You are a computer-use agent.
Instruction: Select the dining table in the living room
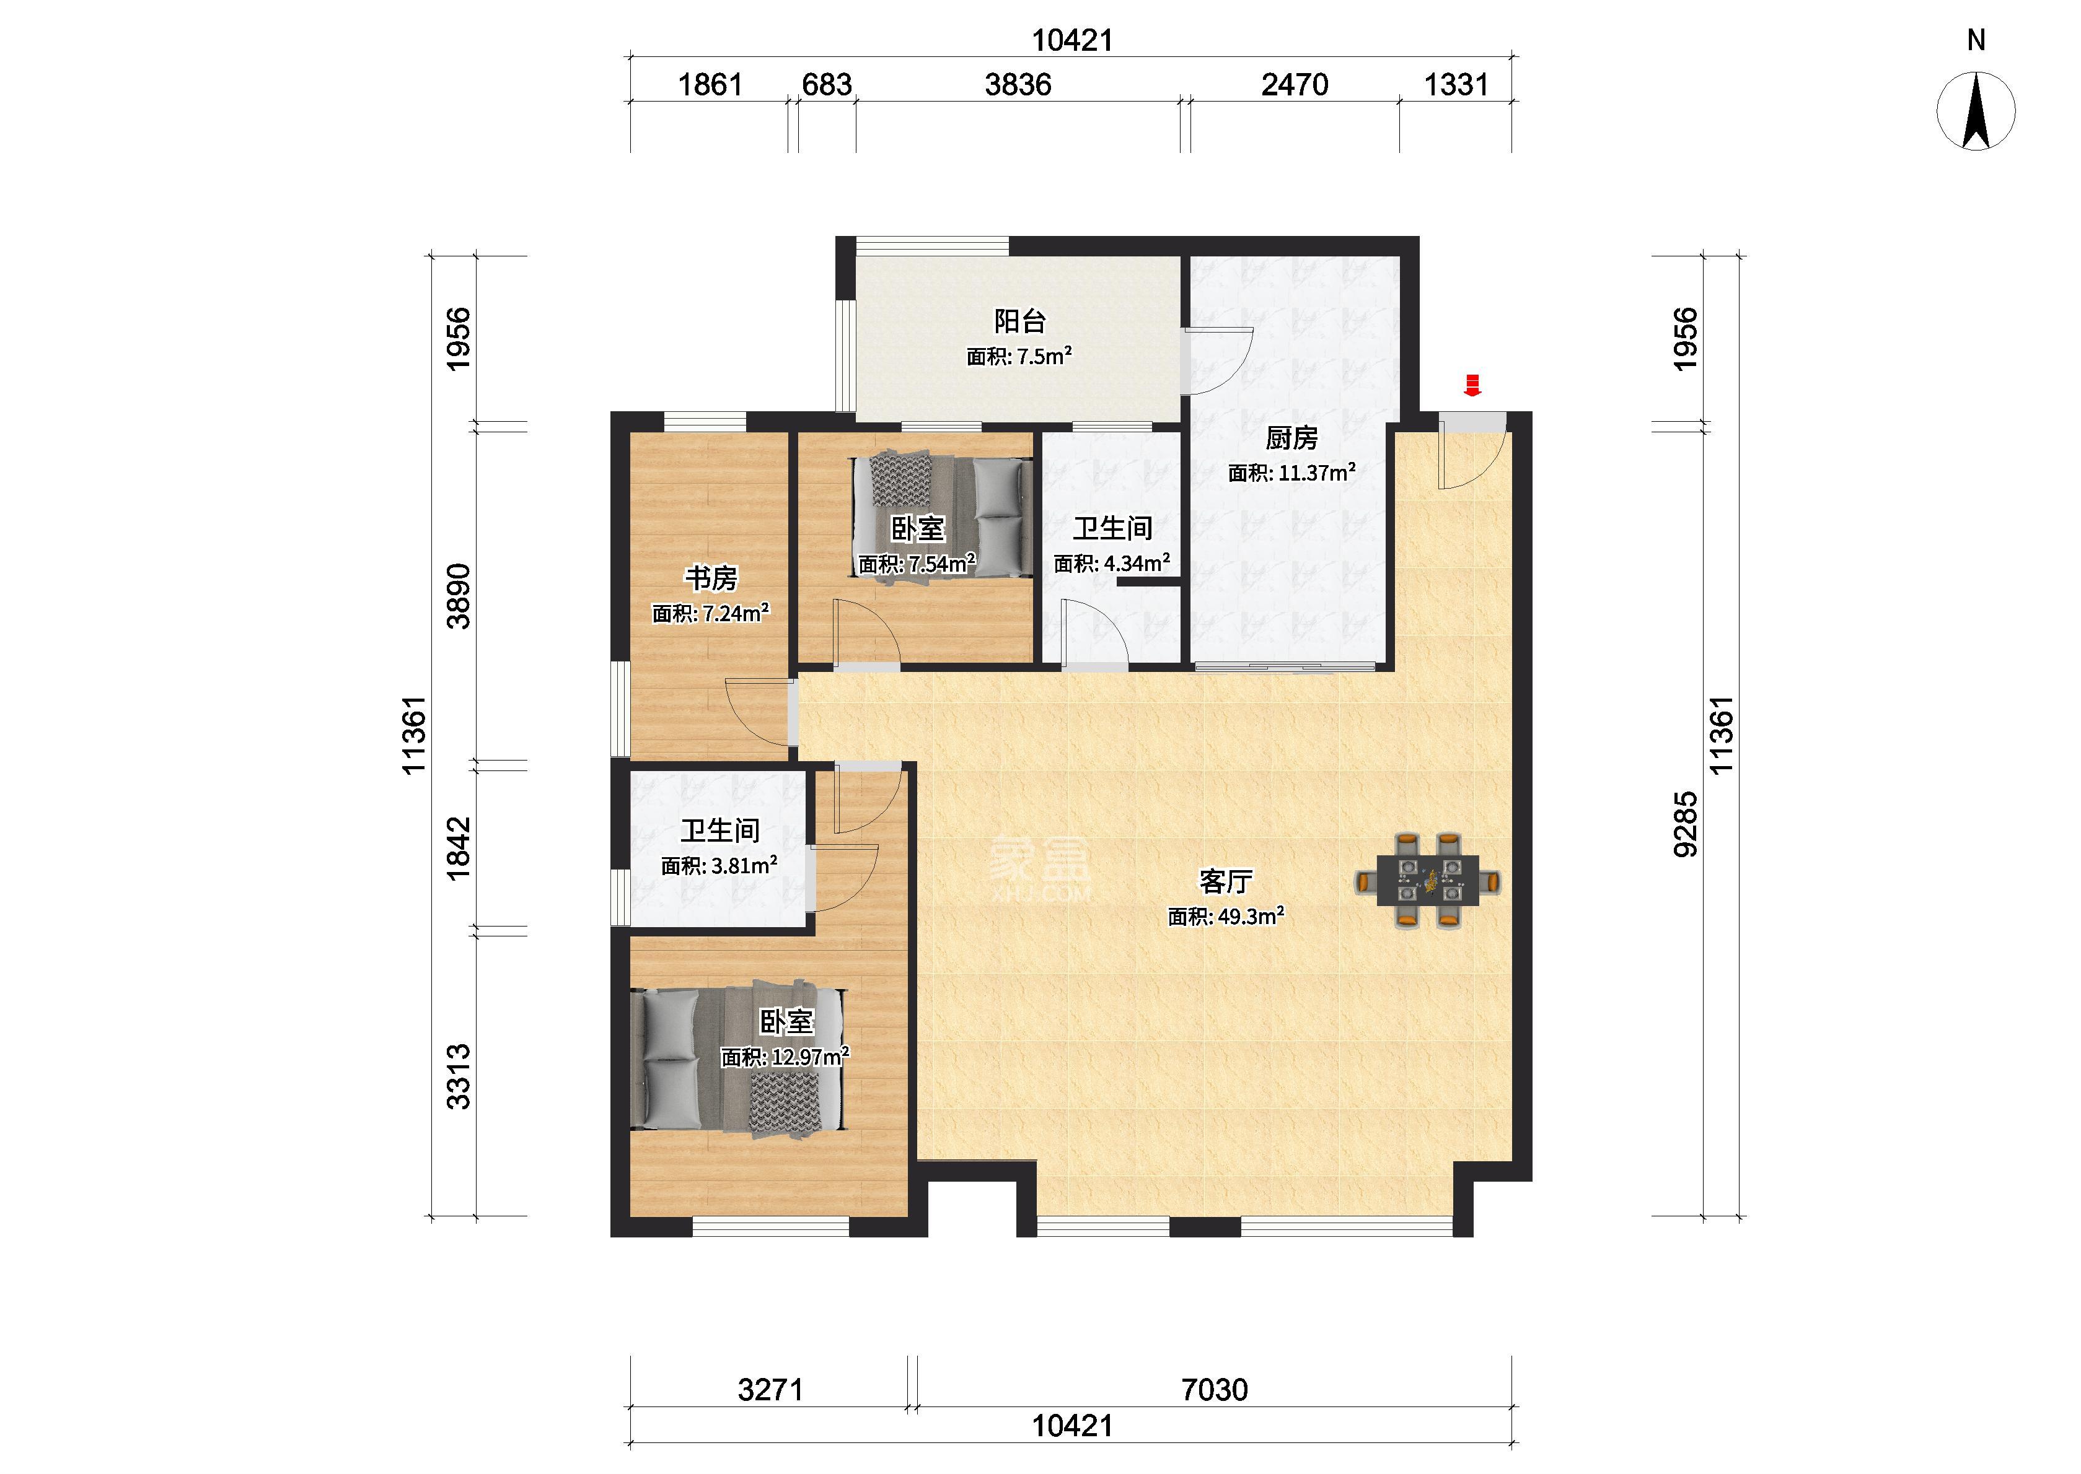pos(1427,881)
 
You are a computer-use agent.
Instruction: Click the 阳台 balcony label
pos(1019,321)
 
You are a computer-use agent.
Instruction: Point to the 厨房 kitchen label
pos(1291,438)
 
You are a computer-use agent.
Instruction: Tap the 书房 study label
pos(711,578)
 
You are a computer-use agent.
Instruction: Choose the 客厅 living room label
pos(1226,881)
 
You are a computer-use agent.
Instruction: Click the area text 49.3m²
pos(1251,917)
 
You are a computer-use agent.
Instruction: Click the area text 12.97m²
pos(811,1057)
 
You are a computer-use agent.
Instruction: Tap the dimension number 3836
pos(1018,85)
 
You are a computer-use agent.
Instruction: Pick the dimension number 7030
pos(1215,1390)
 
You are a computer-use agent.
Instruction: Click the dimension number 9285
pos(1685,824)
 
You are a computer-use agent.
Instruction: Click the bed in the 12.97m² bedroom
pos(738,1058)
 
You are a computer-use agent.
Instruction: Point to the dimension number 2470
pos(1295,85)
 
